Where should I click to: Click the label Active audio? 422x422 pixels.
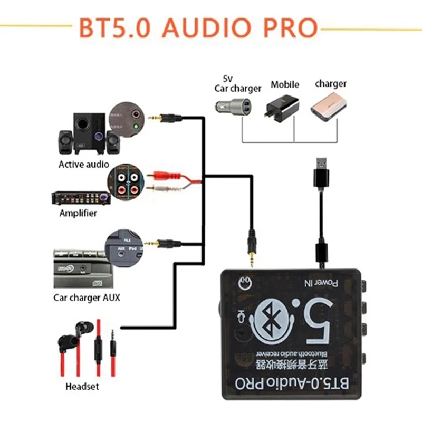tap(84, 164)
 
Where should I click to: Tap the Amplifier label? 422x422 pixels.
tap(78, 213)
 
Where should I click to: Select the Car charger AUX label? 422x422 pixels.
tap(87, 298)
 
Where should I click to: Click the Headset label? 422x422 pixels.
tap(82, 387)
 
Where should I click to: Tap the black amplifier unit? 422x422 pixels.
tap(79, 198)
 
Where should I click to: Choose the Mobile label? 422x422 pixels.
tap(285, 84)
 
